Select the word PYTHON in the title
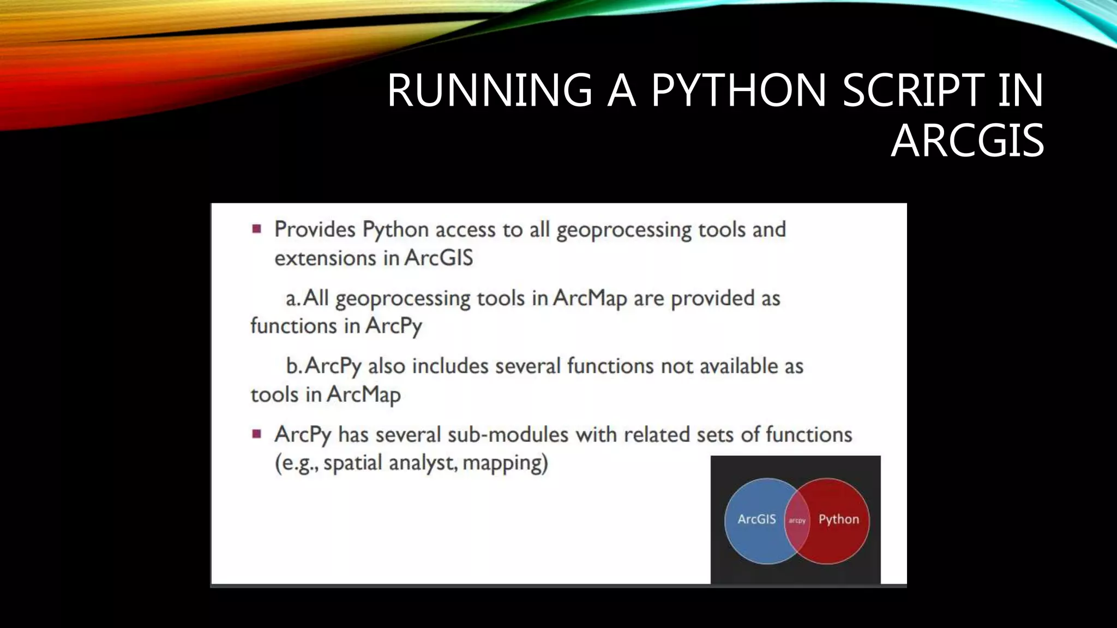(739, 90)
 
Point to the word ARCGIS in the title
(967, 141)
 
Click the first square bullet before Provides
(257, 228)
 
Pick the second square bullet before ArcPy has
(257, 434)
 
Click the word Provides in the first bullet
(315, 230)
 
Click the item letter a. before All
(293, 298)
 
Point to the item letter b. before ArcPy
(293, 366)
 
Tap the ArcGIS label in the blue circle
(756, 519)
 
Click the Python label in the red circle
(838, 519)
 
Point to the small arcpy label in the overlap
(797, 521)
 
